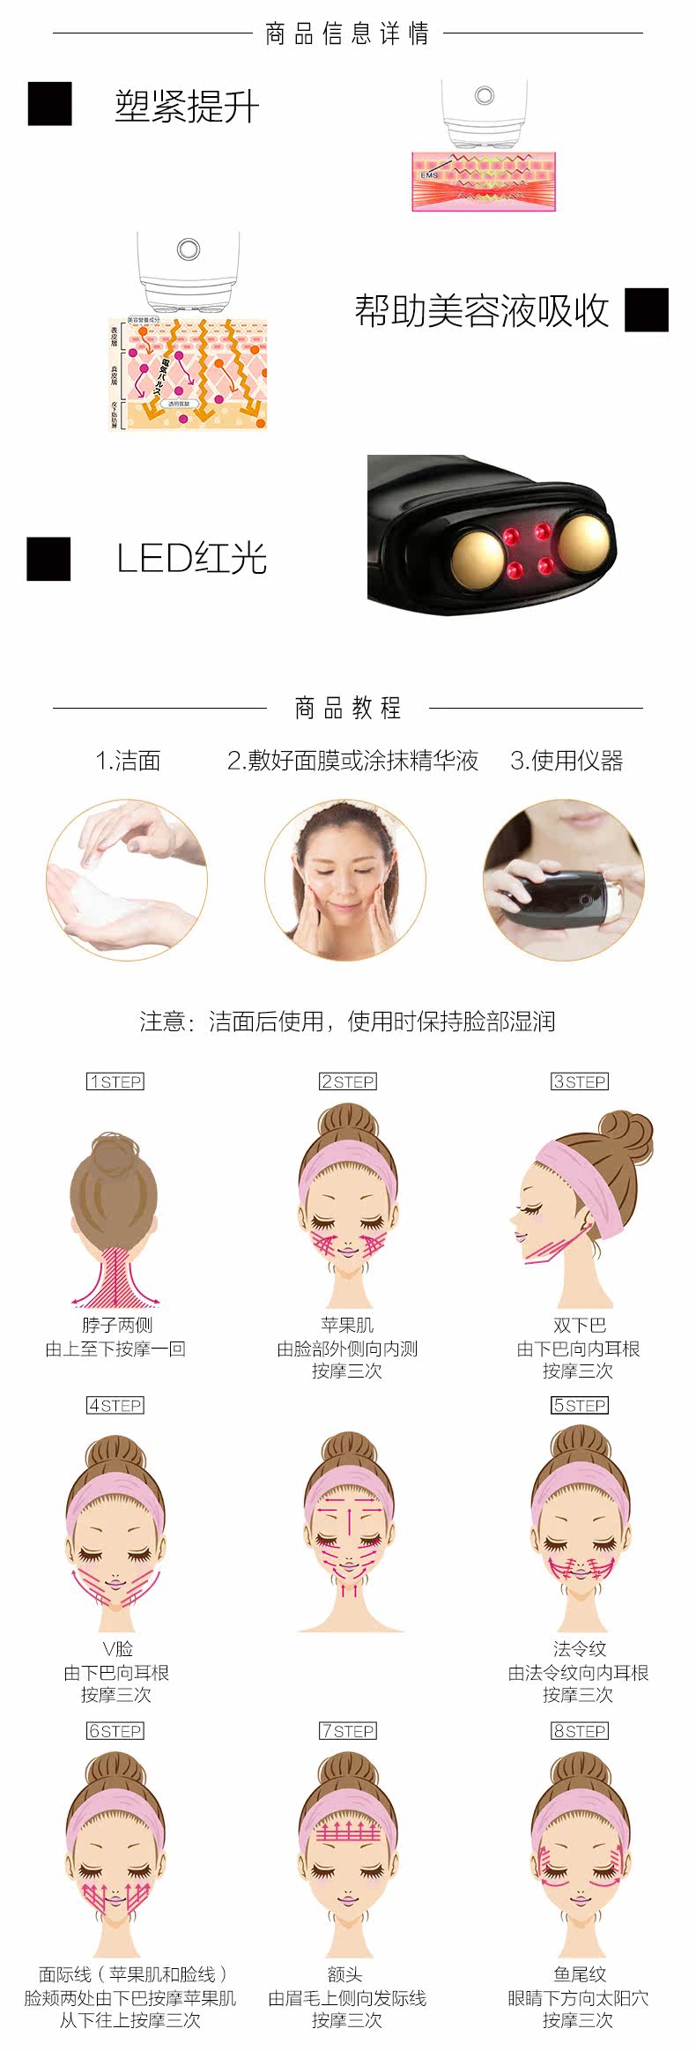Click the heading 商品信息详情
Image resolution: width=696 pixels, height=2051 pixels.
point(347,34)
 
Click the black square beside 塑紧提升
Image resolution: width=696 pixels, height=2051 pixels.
point(49,104)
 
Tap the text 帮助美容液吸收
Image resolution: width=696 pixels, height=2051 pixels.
point(481,310)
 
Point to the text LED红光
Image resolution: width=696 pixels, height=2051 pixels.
point(191,559)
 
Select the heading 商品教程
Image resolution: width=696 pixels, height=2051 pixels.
point(347,708)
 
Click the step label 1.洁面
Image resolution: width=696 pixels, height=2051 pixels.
point(128,761)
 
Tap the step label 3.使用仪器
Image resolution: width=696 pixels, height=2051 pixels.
point(566,761)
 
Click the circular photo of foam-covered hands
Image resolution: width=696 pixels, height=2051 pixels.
point(127,880)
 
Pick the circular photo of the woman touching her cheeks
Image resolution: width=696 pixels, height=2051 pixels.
point(345,880)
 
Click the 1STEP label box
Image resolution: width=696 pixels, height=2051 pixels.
point(115,1081)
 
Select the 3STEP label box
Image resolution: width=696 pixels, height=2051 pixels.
point(579,1081)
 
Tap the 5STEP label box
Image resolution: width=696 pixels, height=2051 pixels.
point(579,1405)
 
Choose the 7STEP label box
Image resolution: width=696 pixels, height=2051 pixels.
point(347,1731)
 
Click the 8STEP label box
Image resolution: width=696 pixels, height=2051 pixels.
point(579,1731)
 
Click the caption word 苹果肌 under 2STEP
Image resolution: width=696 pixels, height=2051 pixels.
point(347,1325)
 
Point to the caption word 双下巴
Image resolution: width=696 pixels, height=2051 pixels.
point(579,1325)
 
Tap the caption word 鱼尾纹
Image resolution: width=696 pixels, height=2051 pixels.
point(579,1974)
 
